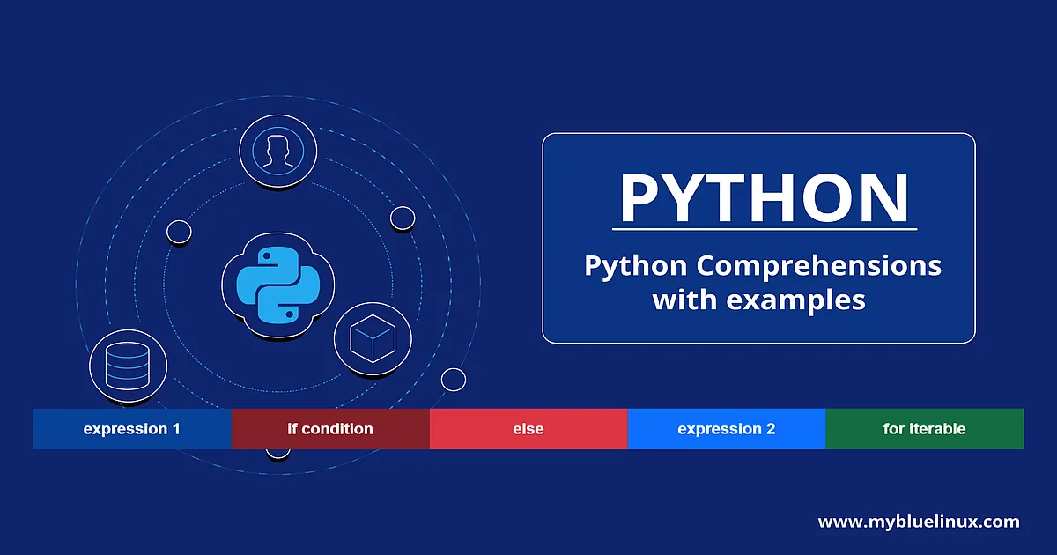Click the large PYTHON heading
coord(764,197)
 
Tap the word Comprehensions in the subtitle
coord(818,265)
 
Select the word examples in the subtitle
coord(795,300)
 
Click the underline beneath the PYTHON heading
coord(765,229)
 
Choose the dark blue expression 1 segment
coord(132,428)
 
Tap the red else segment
coord(528,428)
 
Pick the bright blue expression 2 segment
coord(727,428)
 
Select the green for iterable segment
coord(924,428)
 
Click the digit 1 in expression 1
coord(176,428)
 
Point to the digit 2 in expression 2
coord(770,428)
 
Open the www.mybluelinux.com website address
coord(919,522)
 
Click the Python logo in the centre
coord(278,285)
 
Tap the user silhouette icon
coord(278,151)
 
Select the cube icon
coord(373,339)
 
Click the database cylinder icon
coord(128,366)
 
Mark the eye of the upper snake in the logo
coord(266,256)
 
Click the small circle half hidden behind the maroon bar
coord(278,454)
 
